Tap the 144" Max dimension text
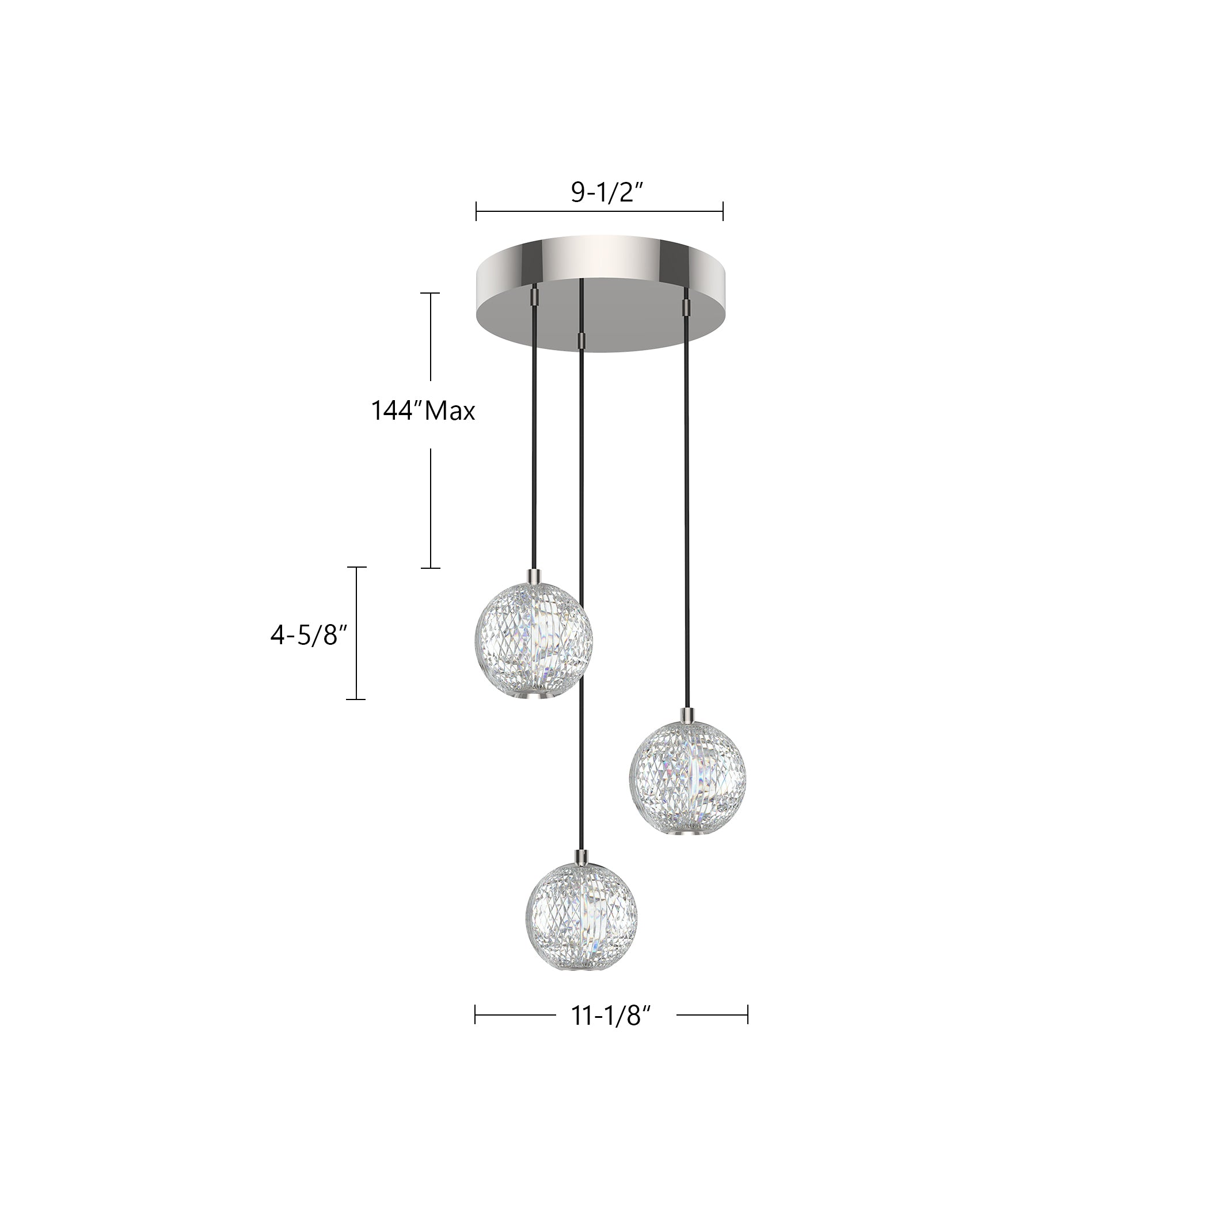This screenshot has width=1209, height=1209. pos(423,411)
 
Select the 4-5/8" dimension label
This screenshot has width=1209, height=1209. pos(309,635)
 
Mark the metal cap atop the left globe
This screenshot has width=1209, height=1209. pos(534,574)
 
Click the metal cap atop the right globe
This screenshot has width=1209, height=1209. pos(687,713)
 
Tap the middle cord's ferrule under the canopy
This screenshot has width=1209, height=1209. pos(583,340)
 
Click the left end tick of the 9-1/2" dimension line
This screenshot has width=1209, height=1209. pos(476,211)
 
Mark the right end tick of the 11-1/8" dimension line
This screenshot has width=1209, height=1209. pos(747,1014)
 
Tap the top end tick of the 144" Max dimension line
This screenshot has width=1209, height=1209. pos(430,293)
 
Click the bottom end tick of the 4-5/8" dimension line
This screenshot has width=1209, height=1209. pos(356,699)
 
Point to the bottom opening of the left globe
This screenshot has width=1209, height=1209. pos(534,696)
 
